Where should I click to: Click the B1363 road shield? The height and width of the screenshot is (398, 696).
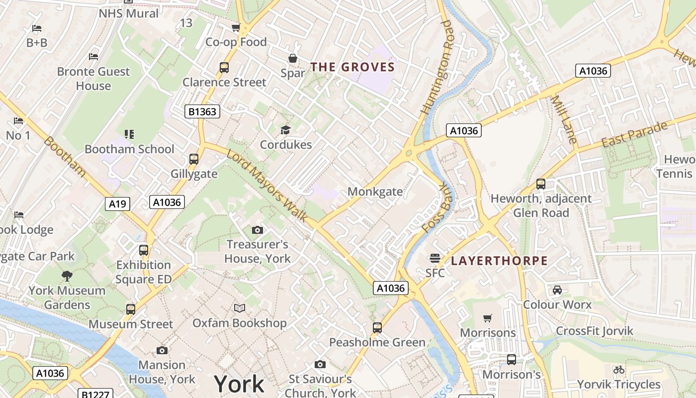pos(203,111)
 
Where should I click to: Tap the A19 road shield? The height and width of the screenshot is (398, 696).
pos(118,203)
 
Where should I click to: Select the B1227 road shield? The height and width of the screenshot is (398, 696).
pos(95,394)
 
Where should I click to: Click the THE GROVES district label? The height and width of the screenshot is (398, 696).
pos(352,67)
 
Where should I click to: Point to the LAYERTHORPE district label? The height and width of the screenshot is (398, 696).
pos(499,261)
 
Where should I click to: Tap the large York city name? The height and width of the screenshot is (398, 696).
pos(239,384)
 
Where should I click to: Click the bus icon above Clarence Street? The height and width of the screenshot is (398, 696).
pos(224,67)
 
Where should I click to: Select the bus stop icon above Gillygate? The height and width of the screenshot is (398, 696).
pos(194,159)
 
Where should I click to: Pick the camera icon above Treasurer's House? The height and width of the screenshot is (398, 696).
pos(258,230)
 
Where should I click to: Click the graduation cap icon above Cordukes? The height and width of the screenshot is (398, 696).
pos(285,130)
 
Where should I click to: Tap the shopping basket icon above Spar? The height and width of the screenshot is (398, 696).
pos(293,58)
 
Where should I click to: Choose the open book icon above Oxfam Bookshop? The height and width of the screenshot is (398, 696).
pos(240,308)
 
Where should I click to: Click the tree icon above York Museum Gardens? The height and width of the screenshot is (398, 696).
pos(67,276)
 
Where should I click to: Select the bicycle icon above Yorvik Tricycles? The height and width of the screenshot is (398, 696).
pos(618,370)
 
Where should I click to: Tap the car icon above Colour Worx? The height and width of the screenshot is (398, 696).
pos(557,290)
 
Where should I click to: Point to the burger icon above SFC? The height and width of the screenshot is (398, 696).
pos(435,258)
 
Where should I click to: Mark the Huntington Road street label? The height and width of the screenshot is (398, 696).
pos(438,67)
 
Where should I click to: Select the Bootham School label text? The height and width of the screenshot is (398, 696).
pos(129,149)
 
